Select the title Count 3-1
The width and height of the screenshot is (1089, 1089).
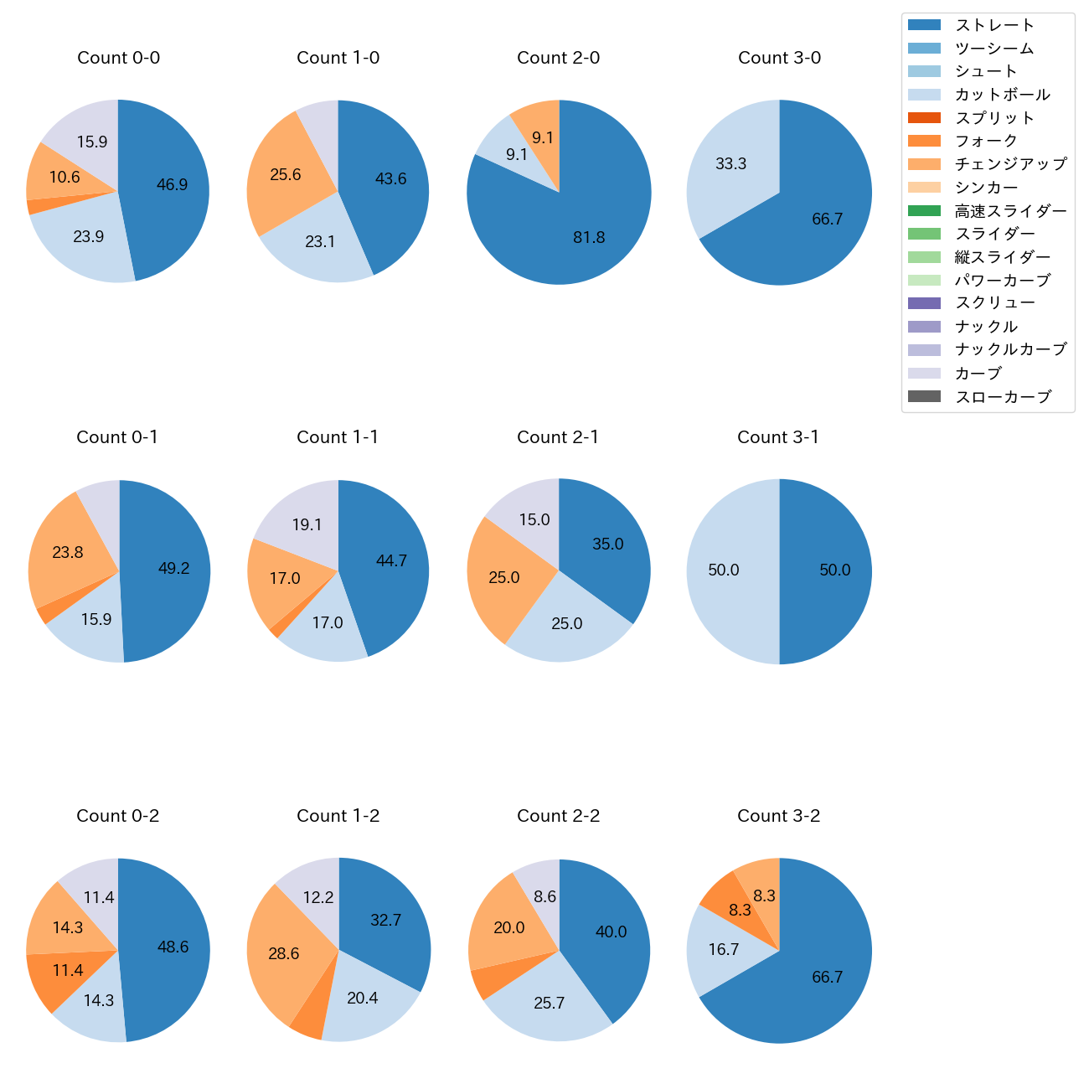(x=778, y=437)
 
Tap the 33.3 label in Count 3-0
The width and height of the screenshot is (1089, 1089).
(x=730, y=164)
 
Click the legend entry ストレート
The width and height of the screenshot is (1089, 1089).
(x=994, y=25)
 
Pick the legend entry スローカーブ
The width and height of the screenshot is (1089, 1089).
(x=1003, y=397)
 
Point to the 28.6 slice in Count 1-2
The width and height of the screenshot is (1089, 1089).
(x=283, y=954)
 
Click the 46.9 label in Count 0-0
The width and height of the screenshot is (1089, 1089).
(x=172, y=185)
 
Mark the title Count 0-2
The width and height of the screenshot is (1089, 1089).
(x=117, y=816)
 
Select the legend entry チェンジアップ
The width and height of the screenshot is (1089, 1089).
(x=1010, y=164)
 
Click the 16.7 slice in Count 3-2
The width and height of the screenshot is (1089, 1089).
(x=722, y=949)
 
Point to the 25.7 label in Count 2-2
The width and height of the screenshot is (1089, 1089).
(x=549, y=1004)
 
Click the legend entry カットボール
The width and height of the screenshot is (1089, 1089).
(x=1002, y=95)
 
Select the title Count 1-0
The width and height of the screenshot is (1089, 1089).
(x=338, y=58)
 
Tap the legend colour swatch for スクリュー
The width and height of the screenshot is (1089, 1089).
(x=924, y=303)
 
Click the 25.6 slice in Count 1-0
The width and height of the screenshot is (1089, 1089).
(x=284, y=175)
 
